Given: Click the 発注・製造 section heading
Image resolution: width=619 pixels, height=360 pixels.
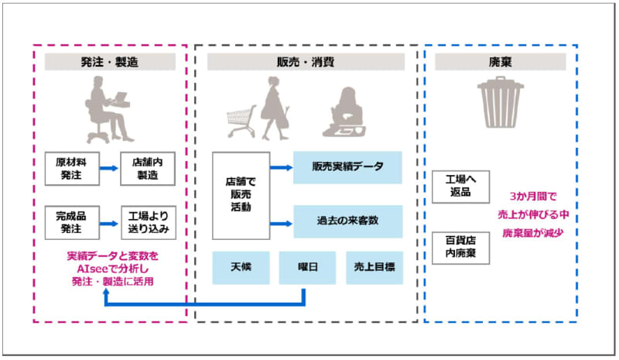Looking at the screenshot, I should pyautogui.click(x=110, y=63).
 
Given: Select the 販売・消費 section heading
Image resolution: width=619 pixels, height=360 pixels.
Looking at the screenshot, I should pyautogui.click(x=306, y=63).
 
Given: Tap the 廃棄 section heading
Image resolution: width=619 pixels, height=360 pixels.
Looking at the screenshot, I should pyautogui.click(x=500, y=63).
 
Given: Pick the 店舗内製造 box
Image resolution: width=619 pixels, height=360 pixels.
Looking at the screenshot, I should pyautogui.click(x=148, y=170).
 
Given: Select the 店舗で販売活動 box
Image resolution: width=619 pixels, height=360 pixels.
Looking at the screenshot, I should pyautogui.click(x=238, y=195).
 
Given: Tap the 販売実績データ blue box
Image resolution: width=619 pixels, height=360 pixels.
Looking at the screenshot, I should pyautogui.click(x=347, y=167).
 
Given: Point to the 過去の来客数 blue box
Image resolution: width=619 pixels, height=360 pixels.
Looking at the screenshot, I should pyautogui.click(x=347, y=221).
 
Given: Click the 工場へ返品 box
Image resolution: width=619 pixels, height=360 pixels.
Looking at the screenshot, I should pyautogui.click(x=460, y=187).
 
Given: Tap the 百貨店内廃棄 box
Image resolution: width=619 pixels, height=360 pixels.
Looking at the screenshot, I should pyautogui.click(x=460, y=247).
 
